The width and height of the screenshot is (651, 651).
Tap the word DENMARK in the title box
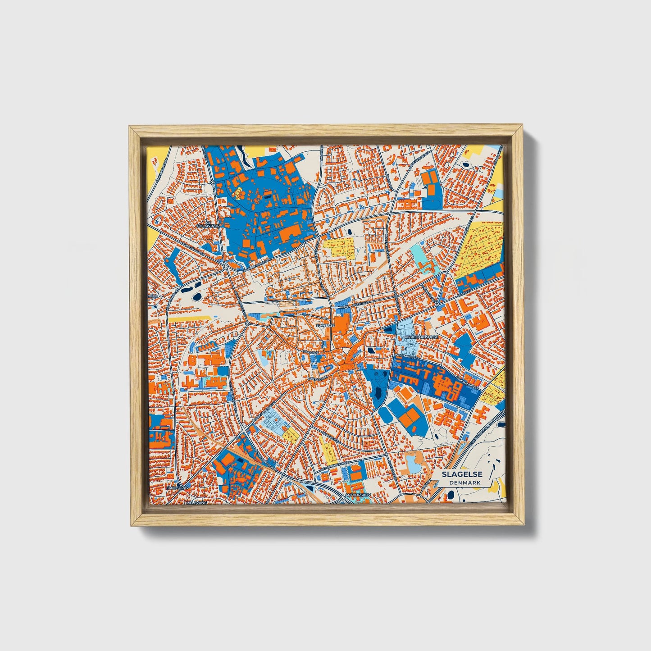(x=464, y=483)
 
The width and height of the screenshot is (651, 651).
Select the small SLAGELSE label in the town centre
(x=325, y=324)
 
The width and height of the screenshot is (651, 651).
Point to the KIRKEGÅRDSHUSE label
(x=422, y=337)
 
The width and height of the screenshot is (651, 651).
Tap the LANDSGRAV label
(x=176, y=488)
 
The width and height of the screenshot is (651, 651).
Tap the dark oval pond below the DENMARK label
(x=451, y=496)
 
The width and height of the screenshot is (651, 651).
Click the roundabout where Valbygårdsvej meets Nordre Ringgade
(x=226, y=267)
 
